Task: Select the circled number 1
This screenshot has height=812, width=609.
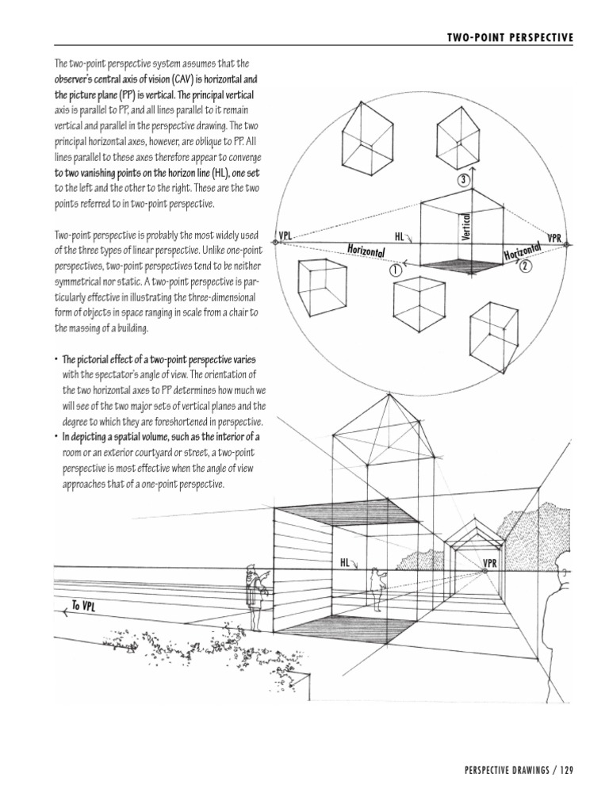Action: [x=395, y=270]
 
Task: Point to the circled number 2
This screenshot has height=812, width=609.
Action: [x=524, y=267]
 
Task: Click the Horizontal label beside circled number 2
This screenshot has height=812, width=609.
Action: [x=522, y=251]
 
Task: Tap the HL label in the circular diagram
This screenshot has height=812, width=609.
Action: [x=400, y=236]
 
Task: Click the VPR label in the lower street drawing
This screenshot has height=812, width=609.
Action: [x=489, y=562]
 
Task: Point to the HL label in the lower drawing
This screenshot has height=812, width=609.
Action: [x=345, y=562]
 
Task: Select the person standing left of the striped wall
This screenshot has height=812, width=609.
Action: [x=253, y=596]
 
